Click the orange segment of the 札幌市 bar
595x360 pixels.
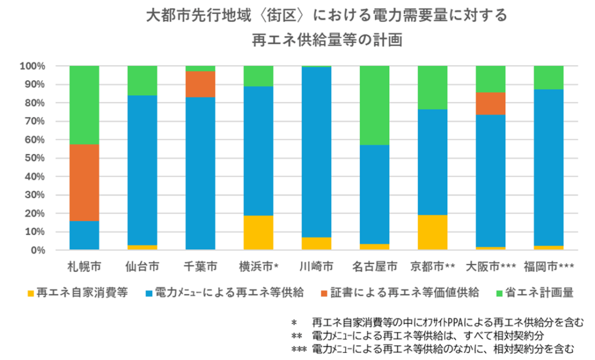[x=84, y=182]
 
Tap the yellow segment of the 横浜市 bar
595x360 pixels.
[x=259, y=232]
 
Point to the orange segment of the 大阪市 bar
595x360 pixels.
[x=490, y=103]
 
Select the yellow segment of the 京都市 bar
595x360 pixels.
[x=433, y=232]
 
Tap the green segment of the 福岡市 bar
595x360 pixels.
[x=549, y=77]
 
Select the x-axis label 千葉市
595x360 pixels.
[x=200, y=267]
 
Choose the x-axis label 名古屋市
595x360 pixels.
[x=375, y=267]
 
